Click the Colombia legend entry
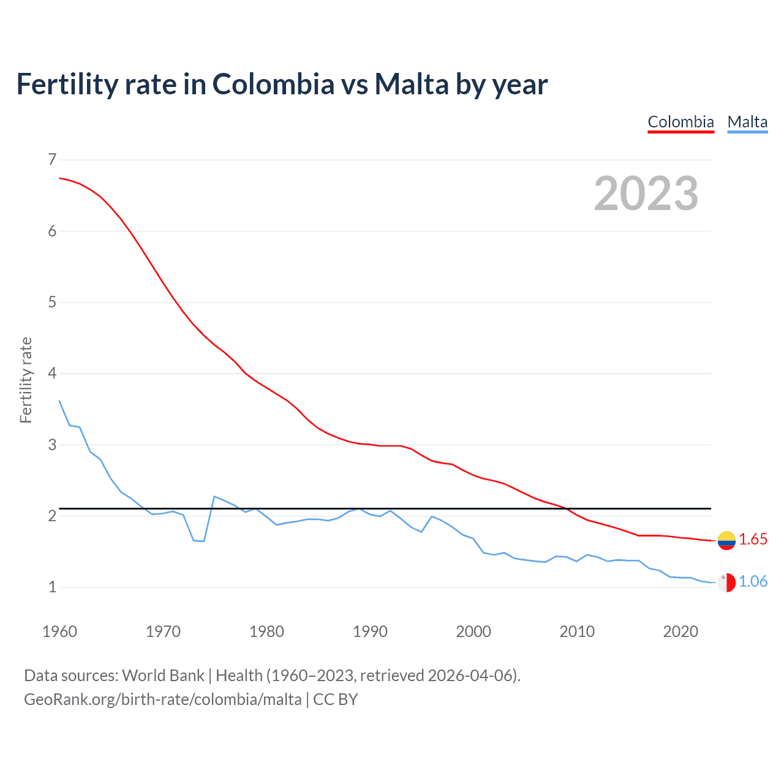(x=680, y=122)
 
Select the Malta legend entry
(x=747, y=122)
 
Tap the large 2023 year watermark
(x=646, y=194)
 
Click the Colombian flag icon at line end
(x=726, y=540)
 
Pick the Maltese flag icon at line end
(x=726, y=582)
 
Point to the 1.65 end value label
(x=753, y=539)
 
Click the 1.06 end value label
(x=753, y=581)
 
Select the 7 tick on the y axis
(x=52, y=160)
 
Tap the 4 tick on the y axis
(x=52, y=373)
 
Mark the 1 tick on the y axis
(x=52, y=587)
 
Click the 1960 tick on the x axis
(x=59, y=631)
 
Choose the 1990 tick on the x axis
(x=370, y=631)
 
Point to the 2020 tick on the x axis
(x=680, y=631)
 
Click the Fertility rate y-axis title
(x=26, y=380)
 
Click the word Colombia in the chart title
(x=273, y=85)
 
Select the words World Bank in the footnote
(x=163, y=676)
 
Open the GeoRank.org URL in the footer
(x=162, y=699)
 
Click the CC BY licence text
(x=335, y=699)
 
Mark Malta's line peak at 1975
(x=214, y=496)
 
